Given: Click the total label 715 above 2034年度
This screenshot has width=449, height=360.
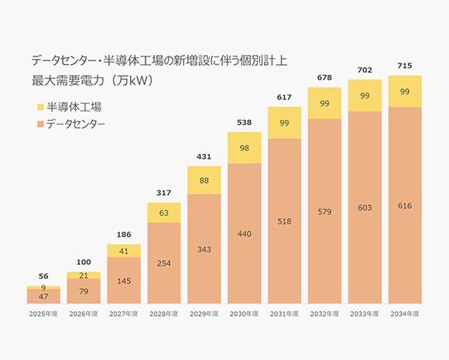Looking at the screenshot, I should click(x=405, y=66).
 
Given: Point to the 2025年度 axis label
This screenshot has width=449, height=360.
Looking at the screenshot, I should click(x=43, y=314).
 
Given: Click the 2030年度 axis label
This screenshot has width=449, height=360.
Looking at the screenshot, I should click(x=245, y=314).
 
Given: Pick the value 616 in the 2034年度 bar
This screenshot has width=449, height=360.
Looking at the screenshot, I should click(x=405, y=205).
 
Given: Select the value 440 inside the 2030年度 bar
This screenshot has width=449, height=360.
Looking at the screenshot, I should click(x=245, y=233).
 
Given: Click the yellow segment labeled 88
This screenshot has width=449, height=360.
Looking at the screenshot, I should click(x=204, y=180).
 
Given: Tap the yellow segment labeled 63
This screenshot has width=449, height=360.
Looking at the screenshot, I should click(x=164, y=213).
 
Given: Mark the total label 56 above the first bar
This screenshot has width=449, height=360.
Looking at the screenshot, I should click(x=43, y=276).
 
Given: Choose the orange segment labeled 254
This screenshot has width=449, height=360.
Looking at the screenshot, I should click(x=164, y=263).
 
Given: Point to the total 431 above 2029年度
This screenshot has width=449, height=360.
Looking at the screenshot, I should click(x=204, y=157).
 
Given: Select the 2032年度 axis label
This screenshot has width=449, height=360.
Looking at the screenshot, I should click(x=324, y=314).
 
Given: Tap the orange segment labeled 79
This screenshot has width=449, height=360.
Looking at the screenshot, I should click(x=84, y=291).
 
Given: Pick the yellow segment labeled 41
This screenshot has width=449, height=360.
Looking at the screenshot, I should click(x=124, y=251).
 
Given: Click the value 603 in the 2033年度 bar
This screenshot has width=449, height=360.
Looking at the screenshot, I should click(x=365, y=207).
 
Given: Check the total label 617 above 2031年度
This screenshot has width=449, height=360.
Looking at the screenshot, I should click(x=285, y=98).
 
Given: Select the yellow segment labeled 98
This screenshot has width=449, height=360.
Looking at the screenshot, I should click(x=245, y=148).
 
